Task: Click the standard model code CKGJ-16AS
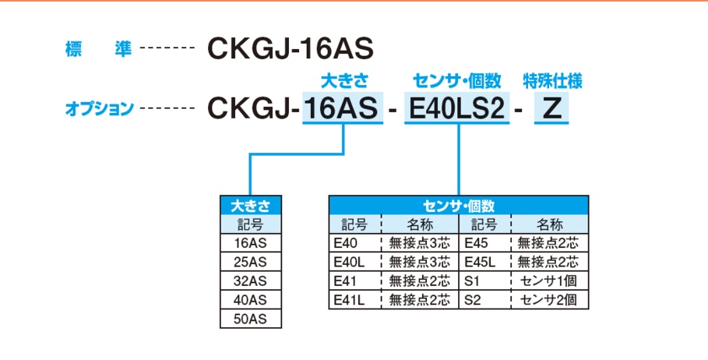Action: pos(291,49)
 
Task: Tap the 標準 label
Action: pos(97,49)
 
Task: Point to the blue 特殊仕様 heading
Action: pos(553,80)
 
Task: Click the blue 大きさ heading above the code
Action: pos(344,80)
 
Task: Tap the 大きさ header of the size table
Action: pos(251,206)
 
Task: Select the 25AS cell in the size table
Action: pos(251,262)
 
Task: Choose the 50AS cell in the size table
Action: pos(251,319)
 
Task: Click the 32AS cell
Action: pos(251,281)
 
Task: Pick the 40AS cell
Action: pos(251,300)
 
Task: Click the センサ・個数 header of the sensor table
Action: pos(458,206)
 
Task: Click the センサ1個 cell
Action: pos(548,281)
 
